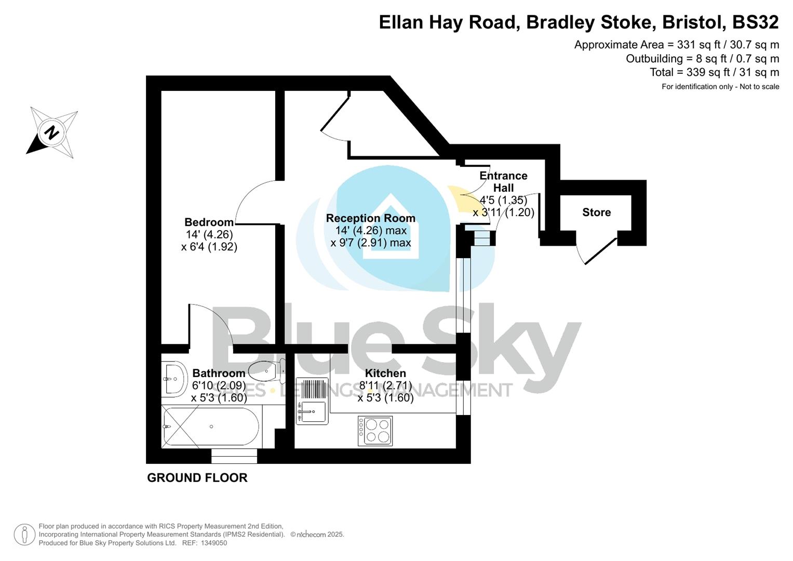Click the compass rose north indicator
(51, 132)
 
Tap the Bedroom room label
(209, 222)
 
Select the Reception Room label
(370, 218)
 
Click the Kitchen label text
(385, 373)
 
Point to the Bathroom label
(219, 373)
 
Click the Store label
(596, 212)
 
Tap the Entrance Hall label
(503, 182)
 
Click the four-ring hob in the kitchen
(375, 431)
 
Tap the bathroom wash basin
(173, 379)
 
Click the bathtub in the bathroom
(211, 426)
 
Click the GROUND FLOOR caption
(197, 478)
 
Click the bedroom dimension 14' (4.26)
(209, 235)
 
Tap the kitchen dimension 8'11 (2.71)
(385, 385)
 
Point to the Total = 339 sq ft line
(714, 72)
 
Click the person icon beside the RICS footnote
(24, 535)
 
